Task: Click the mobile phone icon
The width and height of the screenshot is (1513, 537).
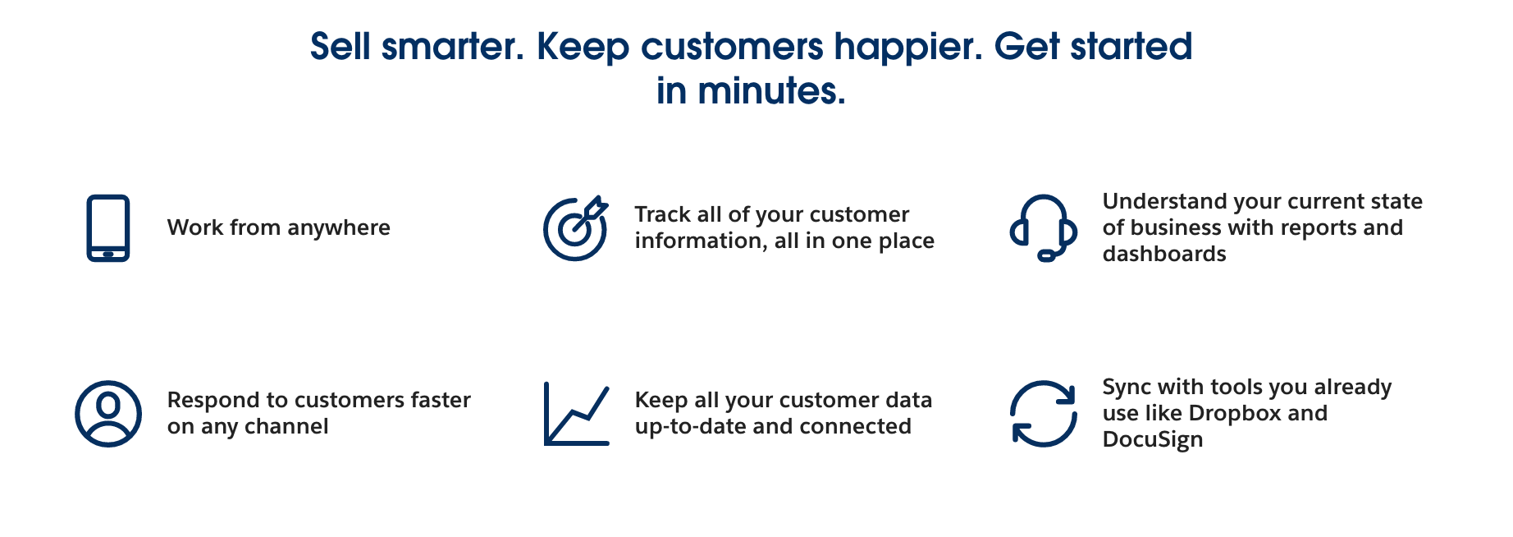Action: (108, 228)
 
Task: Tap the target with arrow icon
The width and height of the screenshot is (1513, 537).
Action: (575, 229)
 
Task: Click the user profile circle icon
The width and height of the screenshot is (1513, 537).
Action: (108, 414)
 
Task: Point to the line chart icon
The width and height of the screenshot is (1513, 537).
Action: (577, 414)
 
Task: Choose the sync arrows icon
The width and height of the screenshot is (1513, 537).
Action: (1043, 414)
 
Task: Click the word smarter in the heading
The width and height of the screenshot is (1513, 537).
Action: (453, 47)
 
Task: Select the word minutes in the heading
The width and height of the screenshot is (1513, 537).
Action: (771, 90)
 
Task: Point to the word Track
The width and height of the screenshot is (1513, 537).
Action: (662, 214)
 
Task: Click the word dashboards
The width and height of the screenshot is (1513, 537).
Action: (1164, 254)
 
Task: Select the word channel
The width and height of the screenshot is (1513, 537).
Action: (286, 426)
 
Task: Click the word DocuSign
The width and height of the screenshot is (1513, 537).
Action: (1153, 440)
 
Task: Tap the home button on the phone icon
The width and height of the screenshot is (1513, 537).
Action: (108, 254)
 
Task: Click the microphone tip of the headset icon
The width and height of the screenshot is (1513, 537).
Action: (1046, 256)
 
